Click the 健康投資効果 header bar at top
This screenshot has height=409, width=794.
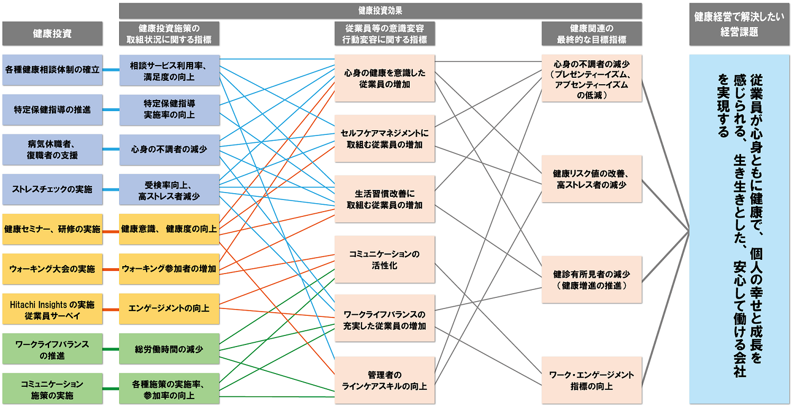(x=380, y=11)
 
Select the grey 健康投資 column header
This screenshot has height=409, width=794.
(x=52, y=33)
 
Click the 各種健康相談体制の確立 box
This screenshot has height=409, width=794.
(x=52, y=70)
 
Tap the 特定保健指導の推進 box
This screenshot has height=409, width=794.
(x=52, y=110)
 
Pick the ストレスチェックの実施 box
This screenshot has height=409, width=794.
(x=52, y=189)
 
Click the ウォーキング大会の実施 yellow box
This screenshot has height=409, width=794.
(x=52, y=269)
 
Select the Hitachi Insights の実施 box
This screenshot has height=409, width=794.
(x=52, y=309)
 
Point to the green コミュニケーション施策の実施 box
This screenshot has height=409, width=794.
(x=52, y=389)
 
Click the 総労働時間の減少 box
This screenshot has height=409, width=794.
(x=169, y=349)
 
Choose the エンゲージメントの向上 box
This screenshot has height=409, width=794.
(x=169, y=308)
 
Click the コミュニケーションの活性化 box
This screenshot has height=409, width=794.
(x=385, y=260)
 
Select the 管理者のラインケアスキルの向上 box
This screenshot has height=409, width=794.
(x=385, y=380)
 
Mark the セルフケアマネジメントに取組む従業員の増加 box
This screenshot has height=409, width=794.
(x=385, y=139)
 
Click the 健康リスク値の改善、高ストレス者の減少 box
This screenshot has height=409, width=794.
(x=591, y=179)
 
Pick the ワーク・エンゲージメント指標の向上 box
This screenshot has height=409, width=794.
(x=591, y=380)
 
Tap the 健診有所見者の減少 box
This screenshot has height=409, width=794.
(x=591, y=280)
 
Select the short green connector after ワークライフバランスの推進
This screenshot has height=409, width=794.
(x=111, y=349)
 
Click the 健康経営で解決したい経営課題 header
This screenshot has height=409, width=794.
(x=739, y=25)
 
